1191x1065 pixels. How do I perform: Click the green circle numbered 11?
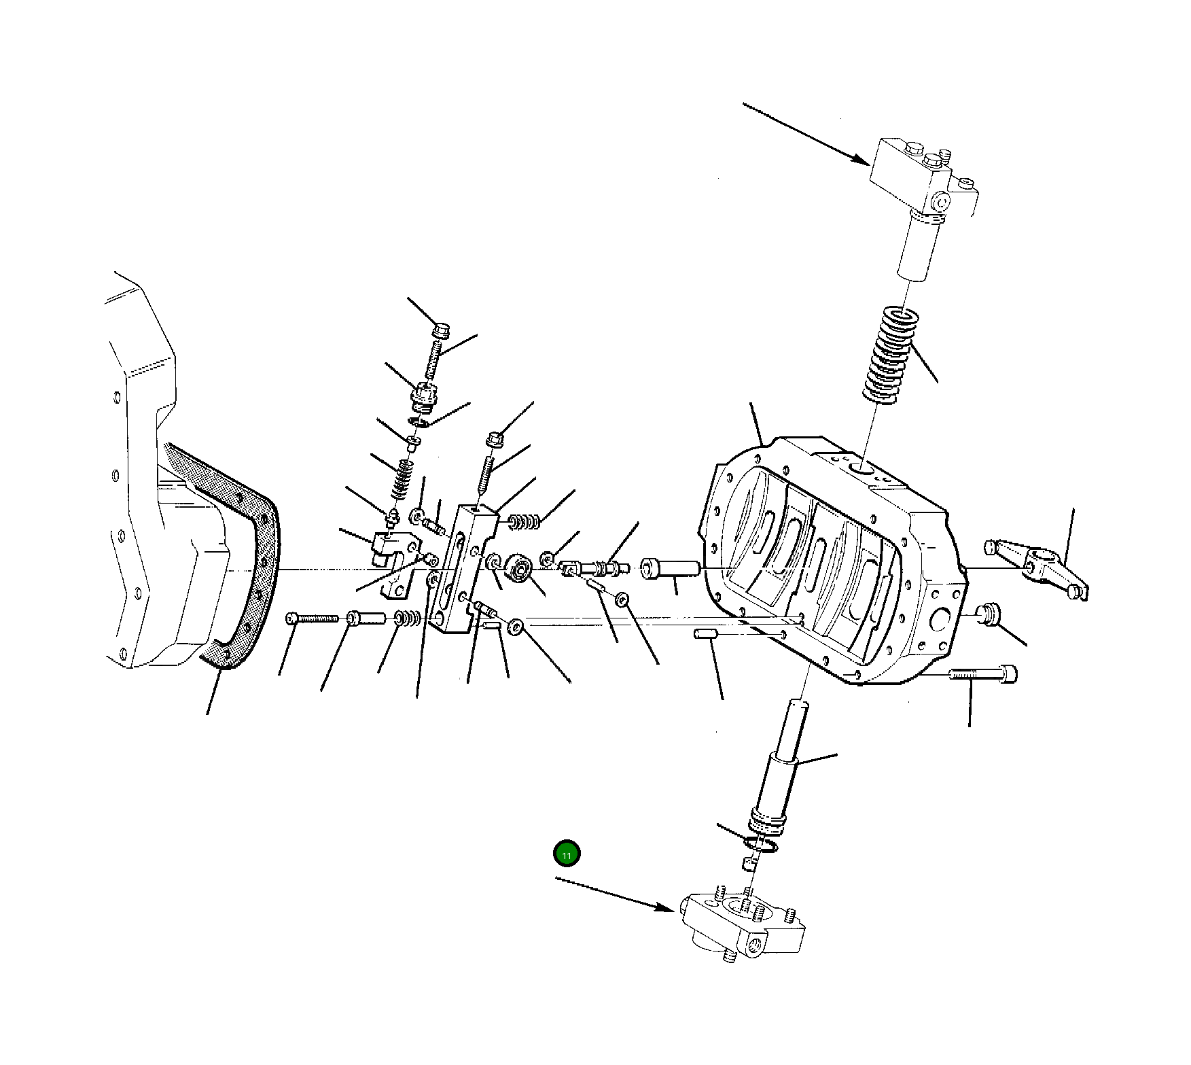[567, 854]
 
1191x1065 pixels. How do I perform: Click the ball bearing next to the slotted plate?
[520, 567]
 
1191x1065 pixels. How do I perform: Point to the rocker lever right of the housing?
[1039, 566]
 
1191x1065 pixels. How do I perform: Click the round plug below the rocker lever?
[990, 614]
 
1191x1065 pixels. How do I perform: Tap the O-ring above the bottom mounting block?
[760, 845]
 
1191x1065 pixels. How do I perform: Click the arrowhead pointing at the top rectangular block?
[863, 162]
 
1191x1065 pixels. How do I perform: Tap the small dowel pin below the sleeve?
[705, 634]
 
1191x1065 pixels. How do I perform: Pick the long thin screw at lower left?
[313, 618]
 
